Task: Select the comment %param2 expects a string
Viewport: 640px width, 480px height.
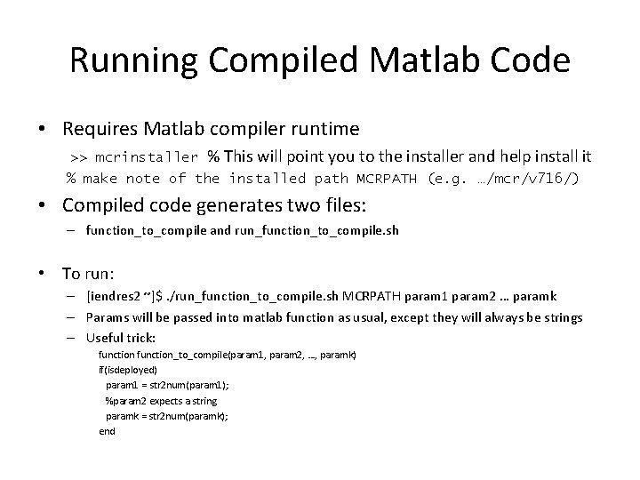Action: pos(161,401)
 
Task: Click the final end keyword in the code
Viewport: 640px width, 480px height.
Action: pos(107,431)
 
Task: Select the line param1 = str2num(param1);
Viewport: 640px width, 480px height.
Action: pos(167,385)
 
